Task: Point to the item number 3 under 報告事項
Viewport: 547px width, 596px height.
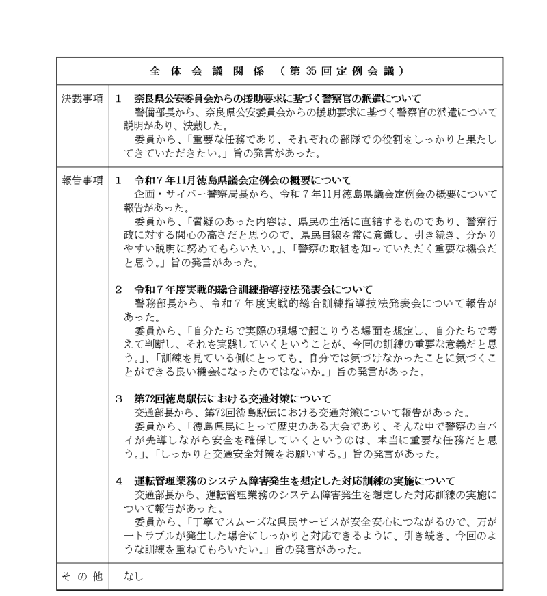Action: pyautogui.click(x=118, y=398)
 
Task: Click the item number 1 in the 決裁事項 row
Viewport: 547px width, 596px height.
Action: pyautogui.click(x=118, y=98)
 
